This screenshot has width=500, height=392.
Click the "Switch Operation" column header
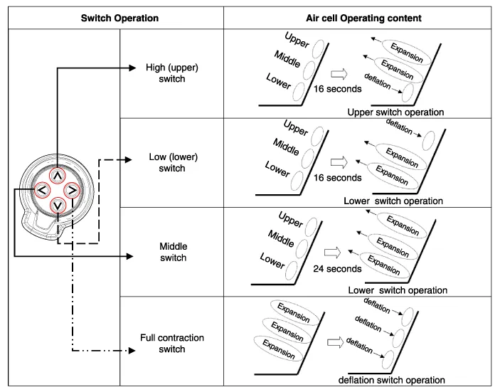pos(119,17)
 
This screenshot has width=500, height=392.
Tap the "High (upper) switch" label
pos(171,73)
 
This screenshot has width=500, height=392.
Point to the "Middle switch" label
pos(173,253)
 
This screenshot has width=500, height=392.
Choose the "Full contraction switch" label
pos(172,343)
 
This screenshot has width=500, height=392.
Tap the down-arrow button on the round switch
pos(58,206)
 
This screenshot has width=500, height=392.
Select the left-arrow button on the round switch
pos(42,191)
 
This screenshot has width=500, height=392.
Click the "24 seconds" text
pos(337,269)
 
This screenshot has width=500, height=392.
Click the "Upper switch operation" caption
pos(395,112)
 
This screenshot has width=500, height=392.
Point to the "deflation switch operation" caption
pos(391,381)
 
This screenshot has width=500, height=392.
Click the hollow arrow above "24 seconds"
pos(333,252)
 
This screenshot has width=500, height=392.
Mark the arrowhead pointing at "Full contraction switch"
pos(131,351)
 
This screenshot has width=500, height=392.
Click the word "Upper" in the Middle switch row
pos(291,219)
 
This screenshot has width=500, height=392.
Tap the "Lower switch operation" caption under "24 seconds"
pos(398,290)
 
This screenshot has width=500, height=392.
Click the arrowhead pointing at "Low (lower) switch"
pos(131,159)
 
